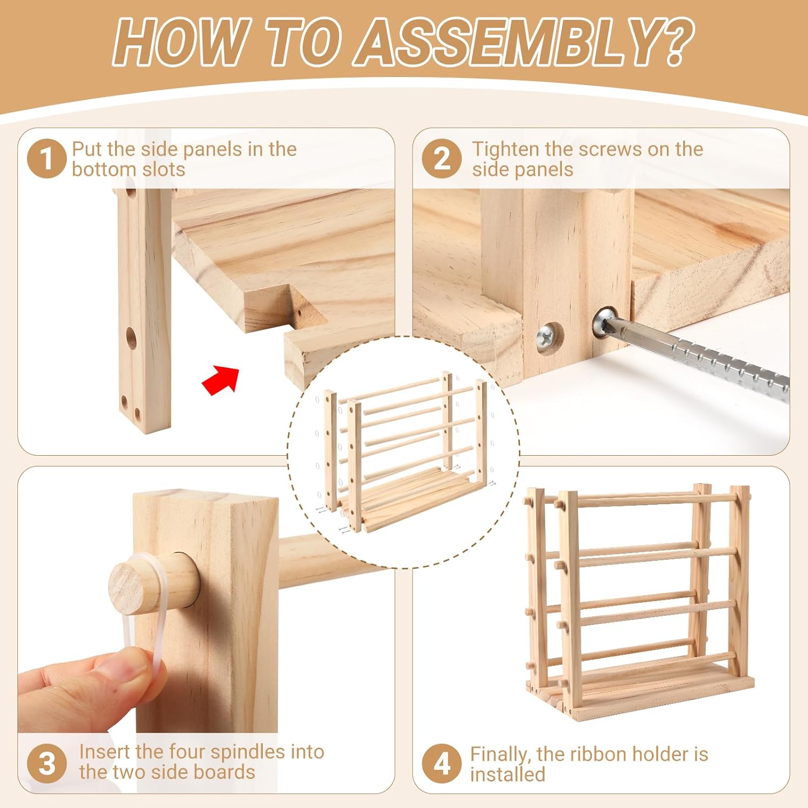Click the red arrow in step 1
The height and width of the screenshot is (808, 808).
(220, 379)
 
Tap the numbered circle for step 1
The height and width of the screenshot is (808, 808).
(47, 159)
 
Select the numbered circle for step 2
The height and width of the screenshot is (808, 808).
(442, 159)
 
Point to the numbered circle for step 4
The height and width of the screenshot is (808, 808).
(442, 764)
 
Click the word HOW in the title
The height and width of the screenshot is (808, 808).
(178, 42)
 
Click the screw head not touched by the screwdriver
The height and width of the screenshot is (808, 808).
(548, 338)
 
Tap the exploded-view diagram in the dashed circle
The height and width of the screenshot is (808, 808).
(404, 452)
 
